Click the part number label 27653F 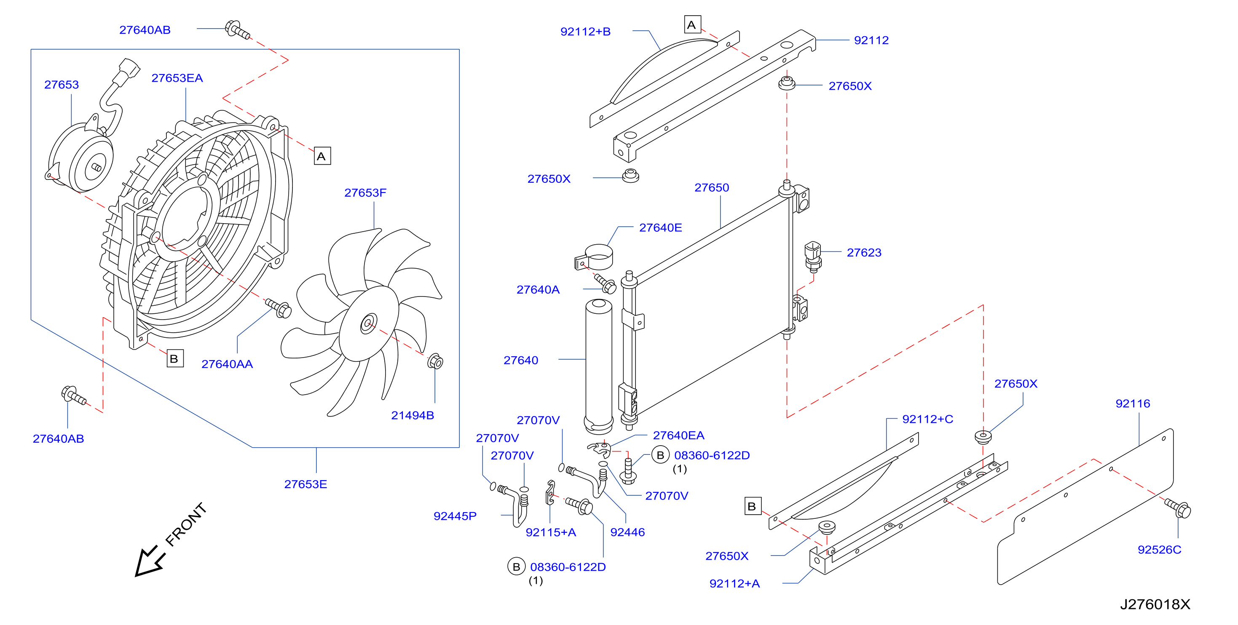tap(365, 192)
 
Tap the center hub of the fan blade tap(369, 323)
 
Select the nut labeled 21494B tap(435, 361)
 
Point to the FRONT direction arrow tap(150, 561)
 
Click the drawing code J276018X tap(1155, 604)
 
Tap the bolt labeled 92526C tap(1178, 508)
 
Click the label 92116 tap(1133, 403)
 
